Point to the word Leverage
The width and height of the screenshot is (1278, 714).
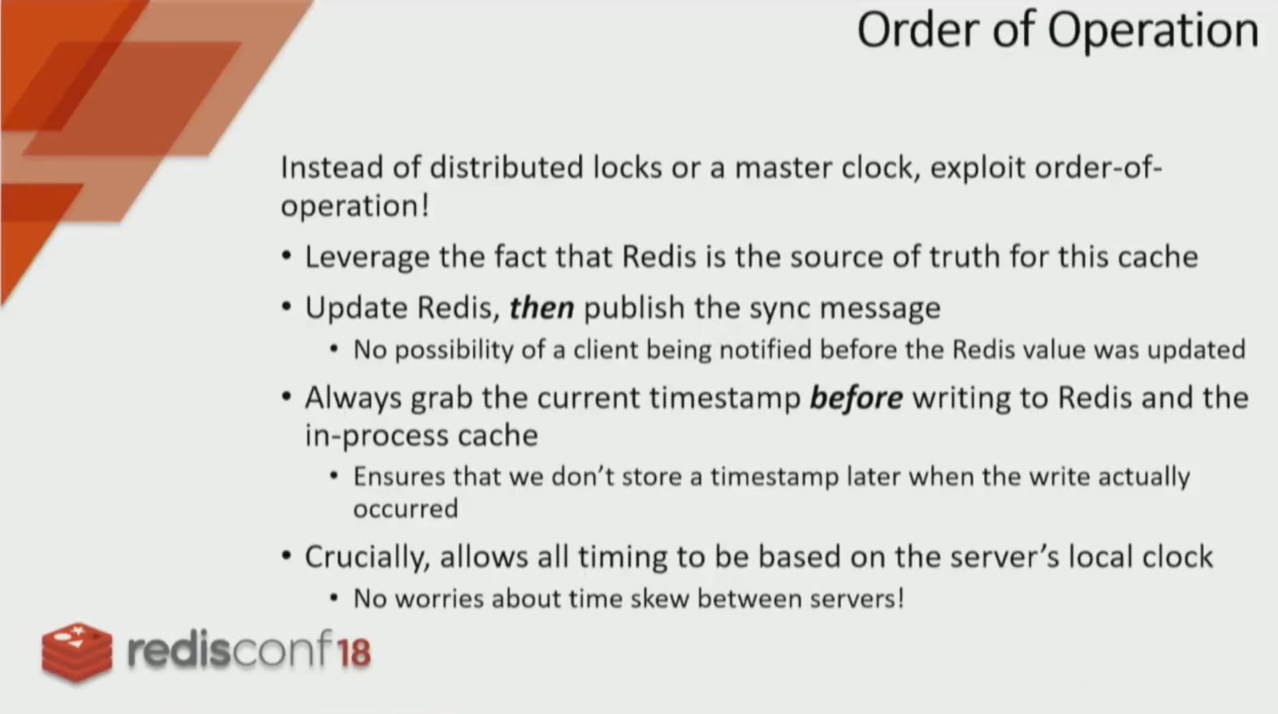(367, 258)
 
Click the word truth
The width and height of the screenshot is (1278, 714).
(965, 256)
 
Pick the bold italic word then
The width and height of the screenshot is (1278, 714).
(542, 308)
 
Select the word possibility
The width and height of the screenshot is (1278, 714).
(454, 351)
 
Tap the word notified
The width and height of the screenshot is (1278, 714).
(765, 349)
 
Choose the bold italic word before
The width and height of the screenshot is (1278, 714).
(856, 398)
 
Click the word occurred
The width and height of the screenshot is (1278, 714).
(406, 509)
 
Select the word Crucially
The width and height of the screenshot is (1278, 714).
(367, 557)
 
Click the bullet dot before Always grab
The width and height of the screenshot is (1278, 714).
(287, 396)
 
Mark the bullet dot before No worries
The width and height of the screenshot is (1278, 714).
(335, 598)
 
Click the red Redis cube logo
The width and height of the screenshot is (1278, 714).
(77, 652)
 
